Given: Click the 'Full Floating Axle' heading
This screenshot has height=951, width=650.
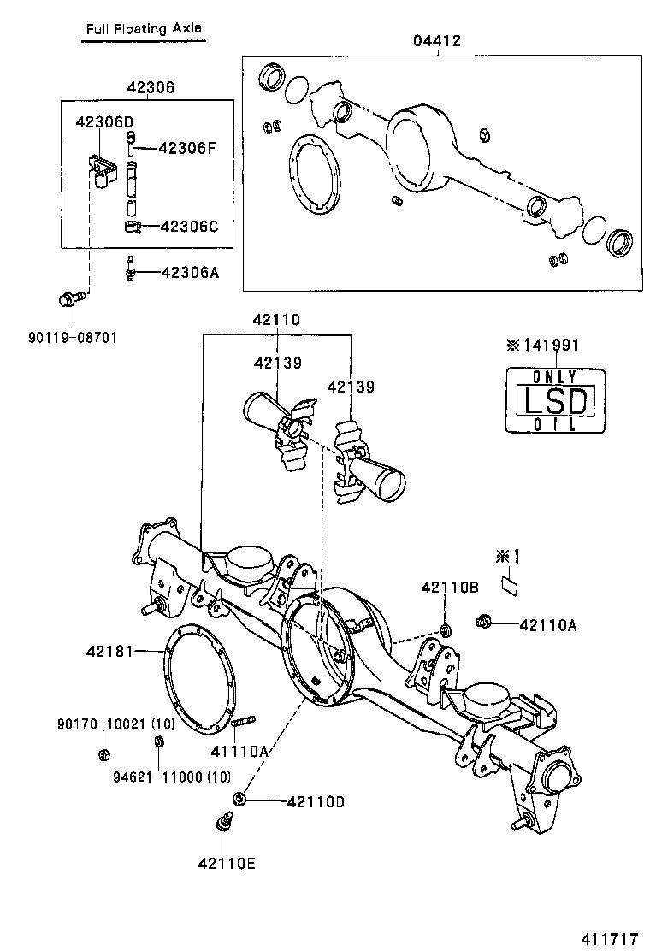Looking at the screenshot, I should click(x=143, y=28).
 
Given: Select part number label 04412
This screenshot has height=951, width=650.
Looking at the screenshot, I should click(x=439, y=41).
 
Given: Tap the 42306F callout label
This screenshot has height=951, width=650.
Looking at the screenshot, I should click(x=186, y=147).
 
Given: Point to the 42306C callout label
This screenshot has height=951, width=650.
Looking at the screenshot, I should click(x=189, y=226).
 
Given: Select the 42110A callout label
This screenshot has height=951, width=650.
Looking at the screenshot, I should click(x=547, y=625).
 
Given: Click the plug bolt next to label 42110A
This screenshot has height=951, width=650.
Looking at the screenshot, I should click(x=484, y=620).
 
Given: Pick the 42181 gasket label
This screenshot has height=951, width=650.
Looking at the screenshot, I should click(x=109, y=651).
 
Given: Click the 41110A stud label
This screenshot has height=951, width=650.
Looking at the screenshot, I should click(x=240, y=751).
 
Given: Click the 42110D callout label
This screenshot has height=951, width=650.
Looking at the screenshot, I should click(x=316, y=801).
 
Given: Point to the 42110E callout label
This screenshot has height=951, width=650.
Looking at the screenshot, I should click(x=227, y=863).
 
